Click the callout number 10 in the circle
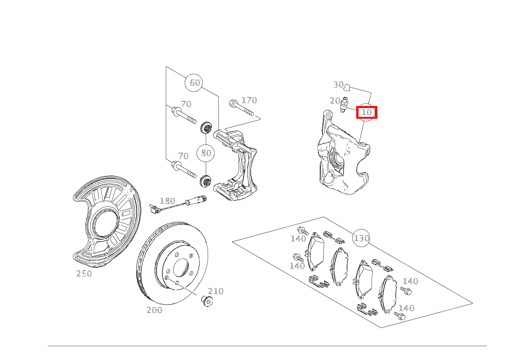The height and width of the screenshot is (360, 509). click(367, 112)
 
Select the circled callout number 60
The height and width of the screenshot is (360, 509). click(195, 83)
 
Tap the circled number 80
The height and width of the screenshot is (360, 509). click(206, 153)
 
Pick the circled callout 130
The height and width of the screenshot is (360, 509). click(361, 238)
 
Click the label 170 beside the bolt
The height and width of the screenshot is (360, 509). click(249, 100)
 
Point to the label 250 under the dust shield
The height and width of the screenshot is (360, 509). click(84, 274)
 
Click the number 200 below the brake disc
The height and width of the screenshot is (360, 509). click(154, 310)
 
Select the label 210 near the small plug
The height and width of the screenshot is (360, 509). click(216, 291)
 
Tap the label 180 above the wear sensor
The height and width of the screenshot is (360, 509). click(167, 201)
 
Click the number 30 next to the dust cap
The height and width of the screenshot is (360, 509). click(338, 85)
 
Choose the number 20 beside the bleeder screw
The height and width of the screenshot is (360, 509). click(335, 101)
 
